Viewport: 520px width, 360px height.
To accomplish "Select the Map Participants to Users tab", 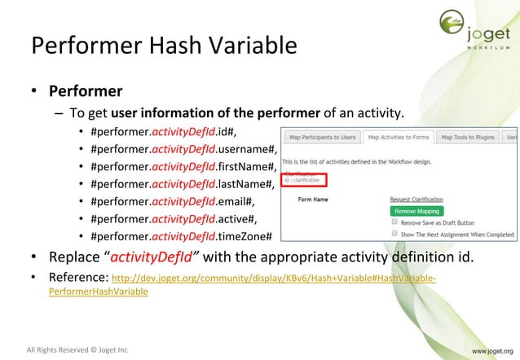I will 323,137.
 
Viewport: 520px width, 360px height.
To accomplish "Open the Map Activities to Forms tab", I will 397,137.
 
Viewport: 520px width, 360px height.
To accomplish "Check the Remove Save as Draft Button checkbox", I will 394,222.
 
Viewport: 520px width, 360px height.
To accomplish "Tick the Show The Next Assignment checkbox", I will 394,234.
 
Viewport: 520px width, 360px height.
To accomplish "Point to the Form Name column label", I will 313,199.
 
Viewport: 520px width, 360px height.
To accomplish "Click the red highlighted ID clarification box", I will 303,179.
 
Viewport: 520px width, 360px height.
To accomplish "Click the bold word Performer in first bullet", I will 86,90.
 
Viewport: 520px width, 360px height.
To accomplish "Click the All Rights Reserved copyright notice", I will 77,350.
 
